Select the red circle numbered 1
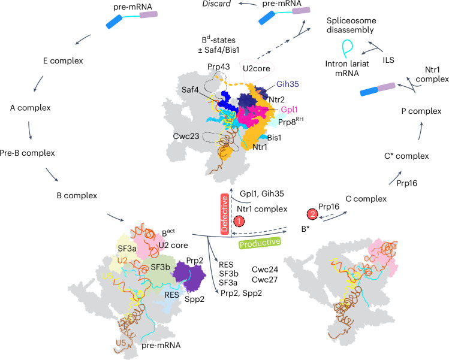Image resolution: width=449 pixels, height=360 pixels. tap(239, 220)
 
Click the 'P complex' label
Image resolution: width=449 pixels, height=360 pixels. tap(420, 111)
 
